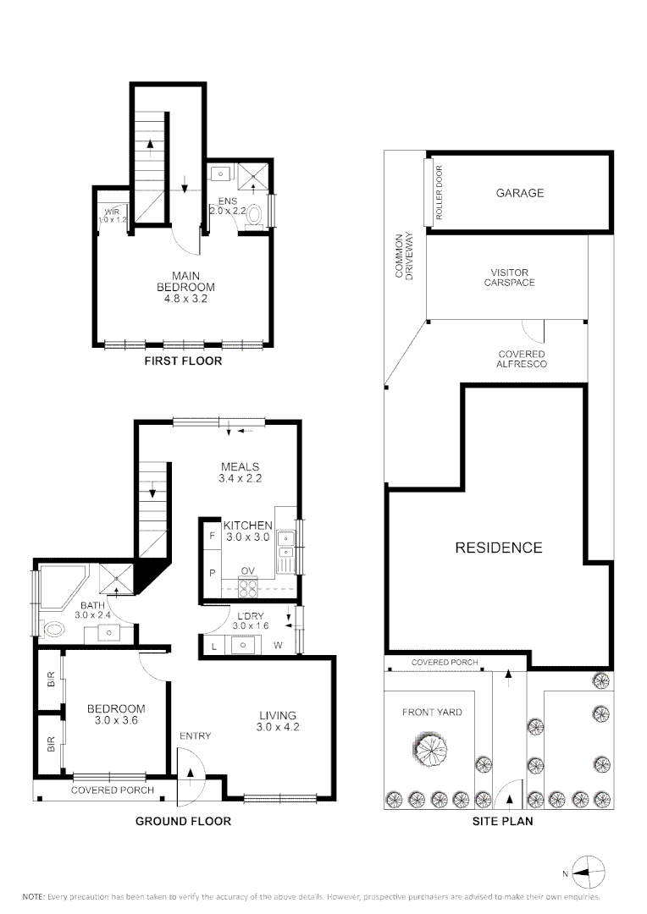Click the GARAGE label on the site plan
point(519,193)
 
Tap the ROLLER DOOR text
point(440,192)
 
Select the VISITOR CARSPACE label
point(509,278)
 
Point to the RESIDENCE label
point(499,548)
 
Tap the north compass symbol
point(588,873)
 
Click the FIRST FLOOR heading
point(183,361)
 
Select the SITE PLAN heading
point(502,821)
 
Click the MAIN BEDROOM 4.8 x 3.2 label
point(185,287)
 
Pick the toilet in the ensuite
point(255,216)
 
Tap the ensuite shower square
point(253,179)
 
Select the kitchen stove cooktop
point(248,586)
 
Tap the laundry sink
point(242,645)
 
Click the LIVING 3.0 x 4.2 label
point(278,721)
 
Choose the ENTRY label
point(195,736)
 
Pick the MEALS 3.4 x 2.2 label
point(241,473)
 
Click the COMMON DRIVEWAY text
point(404,256)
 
